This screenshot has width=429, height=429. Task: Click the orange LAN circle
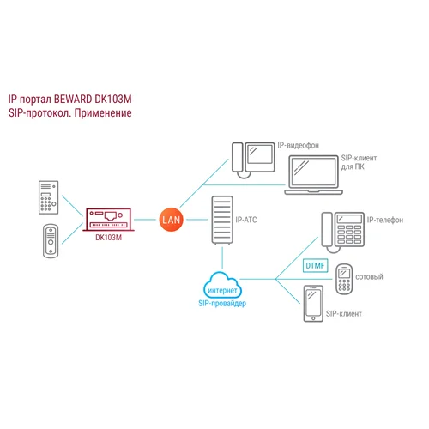point(170,221)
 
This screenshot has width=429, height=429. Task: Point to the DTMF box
point(314,266)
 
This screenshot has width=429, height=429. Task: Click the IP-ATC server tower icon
point(221,221)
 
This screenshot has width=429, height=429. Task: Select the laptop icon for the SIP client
point(311,176)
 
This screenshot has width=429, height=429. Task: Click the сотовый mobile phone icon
point(345,278)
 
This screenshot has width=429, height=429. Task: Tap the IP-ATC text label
point(247,221)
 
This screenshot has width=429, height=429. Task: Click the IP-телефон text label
point(389,221)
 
